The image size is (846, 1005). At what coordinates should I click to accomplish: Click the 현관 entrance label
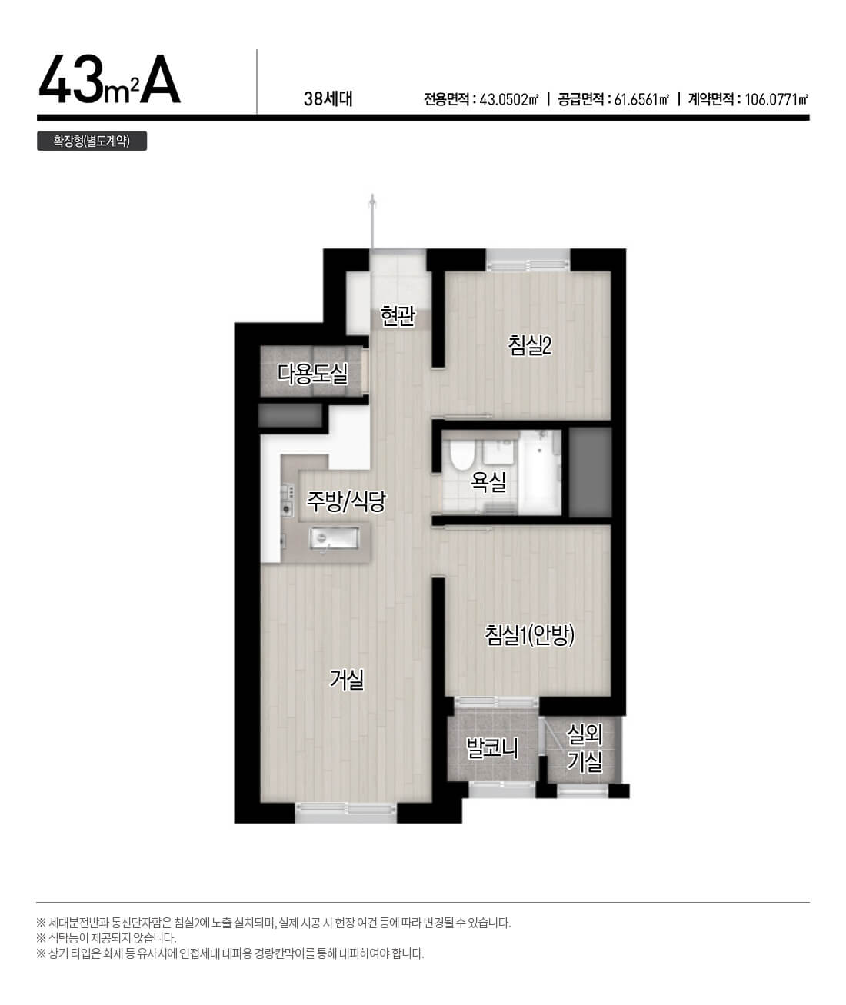click(398, 316)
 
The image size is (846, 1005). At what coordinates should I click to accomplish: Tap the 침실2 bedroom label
click(530, 345)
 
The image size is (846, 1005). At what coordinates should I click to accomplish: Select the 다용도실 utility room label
click(312, 374)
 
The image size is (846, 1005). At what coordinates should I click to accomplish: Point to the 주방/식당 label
click(346, 501)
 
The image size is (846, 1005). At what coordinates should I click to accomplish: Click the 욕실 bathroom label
click(488, 481)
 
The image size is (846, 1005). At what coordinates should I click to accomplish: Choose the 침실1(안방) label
click(530, 635)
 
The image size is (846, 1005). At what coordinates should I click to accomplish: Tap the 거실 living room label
click(347, 680)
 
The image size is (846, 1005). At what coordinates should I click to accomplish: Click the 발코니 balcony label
click(492, 749)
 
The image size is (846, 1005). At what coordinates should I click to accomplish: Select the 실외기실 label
click(585, 748)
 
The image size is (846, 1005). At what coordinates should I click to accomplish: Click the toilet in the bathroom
click(461, 454)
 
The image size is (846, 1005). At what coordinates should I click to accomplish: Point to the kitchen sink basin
click(335, 538)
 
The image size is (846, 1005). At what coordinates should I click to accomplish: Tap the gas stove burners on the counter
click(288, 501)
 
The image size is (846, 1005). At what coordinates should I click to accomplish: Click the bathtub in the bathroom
click(539, 472)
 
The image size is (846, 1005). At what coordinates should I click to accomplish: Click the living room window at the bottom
click(346, 809)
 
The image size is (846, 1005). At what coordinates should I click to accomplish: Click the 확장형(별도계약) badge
click(92, 141)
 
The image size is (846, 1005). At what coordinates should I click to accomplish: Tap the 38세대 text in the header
click(328, 98)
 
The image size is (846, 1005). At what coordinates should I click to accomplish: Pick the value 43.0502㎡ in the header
click(509, 99)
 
